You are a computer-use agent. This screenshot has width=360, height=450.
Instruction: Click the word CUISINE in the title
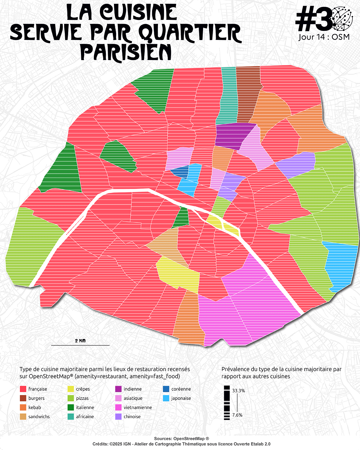click(138, 13)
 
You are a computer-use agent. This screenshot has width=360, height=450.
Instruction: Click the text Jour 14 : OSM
click(324, 37)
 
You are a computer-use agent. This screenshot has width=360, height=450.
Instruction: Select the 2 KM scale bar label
click(80, 341)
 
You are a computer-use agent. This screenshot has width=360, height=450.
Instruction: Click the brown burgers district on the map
click(247, 93)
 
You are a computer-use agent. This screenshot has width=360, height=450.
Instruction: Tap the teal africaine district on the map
click(227, 96)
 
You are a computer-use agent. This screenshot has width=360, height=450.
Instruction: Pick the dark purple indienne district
click(232, 135)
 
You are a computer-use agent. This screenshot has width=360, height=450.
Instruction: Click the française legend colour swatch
click(23, 389)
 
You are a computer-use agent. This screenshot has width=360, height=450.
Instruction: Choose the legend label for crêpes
click(83, 389)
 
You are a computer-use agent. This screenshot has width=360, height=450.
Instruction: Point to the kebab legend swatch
click(23, 407)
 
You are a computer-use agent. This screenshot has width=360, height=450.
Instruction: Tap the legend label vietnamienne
click(138, 407)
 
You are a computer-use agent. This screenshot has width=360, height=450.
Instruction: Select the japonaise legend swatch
click(166, 398)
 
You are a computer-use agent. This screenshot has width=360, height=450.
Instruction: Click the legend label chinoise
click(132, 417)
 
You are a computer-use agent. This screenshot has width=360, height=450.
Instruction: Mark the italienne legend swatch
click(71, 407)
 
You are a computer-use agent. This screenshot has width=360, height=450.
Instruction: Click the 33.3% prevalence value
click(238, 391)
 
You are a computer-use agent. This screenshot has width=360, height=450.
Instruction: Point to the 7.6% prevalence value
click(237, 415)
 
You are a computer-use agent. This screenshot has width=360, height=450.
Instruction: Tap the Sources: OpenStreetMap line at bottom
click(181, 439)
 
